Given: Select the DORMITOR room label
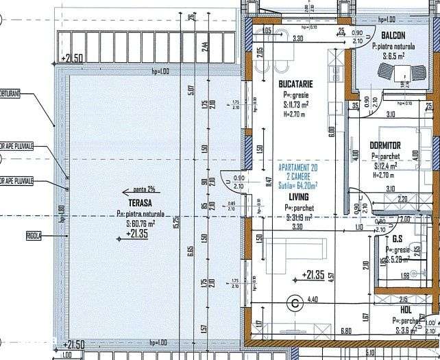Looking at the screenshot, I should [x=384, y=146].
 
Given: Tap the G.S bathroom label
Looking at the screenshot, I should [x=397, y=240].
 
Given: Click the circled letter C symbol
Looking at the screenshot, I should [x=295, y=301].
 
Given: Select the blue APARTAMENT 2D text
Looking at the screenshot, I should [x=298, y=168].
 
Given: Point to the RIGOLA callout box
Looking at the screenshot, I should [x=33, y=235].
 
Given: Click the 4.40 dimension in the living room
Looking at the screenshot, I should [x=313, y=299].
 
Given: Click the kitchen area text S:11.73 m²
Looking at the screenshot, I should [x=296, y=105].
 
